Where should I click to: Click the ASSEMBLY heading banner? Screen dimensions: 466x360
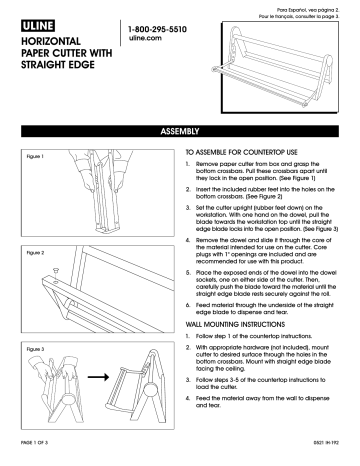tap(180, 130)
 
